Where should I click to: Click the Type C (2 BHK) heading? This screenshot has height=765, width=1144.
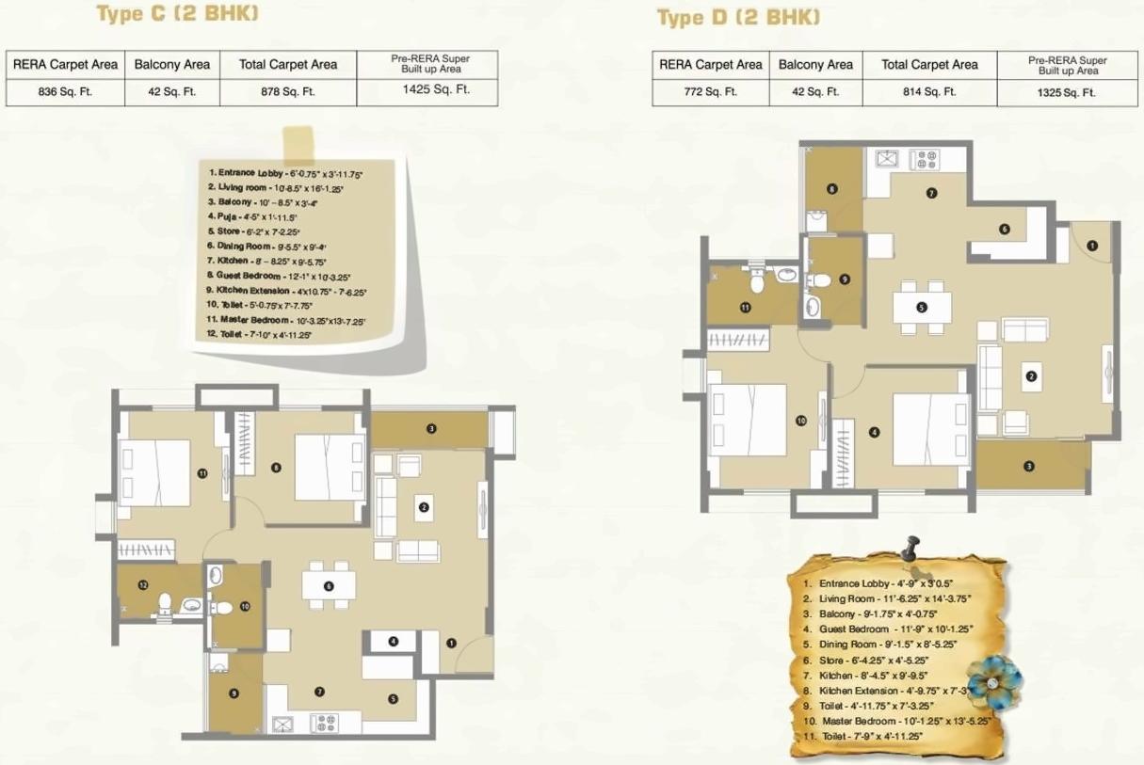[x=178, y=13]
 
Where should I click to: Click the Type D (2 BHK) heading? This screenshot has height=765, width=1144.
[x=738, y=17]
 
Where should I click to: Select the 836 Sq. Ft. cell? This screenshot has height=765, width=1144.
[x=65, y=92]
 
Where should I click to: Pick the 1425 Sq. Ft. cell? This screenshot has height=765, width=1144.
[x=429, y=90]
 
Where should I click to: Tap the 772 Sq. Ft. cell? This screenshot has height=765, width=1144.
[x=711, y=92]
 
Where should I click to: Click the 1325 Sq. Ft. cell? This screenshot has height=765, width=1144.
[x=1068, y=92]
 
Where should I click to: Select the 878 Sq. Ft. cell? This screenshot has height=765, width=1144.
[x=287, y=92]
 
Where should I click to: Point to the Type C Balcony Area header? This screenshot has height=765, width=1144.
[x=171, y=65]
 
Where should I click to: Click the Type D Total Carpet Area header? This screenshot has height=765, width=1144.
[x=928, y=65]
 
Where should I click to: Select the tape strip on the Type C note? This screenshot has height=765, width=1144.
[x=299, y=144]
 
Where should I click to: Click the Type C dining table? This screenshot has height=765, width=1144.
[x=329, y=585]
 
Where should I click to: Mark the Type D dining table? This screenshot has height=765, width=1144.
[x=922, y=306]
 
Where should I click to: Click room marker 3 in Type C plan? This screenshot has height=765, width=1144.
[x=431, y=429]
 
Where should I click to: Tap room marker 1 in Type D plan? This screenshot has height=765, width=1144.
[x=1091, y=246]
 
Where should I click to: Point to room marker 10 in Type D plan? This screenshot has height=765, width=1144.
[x=800, y=421]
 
